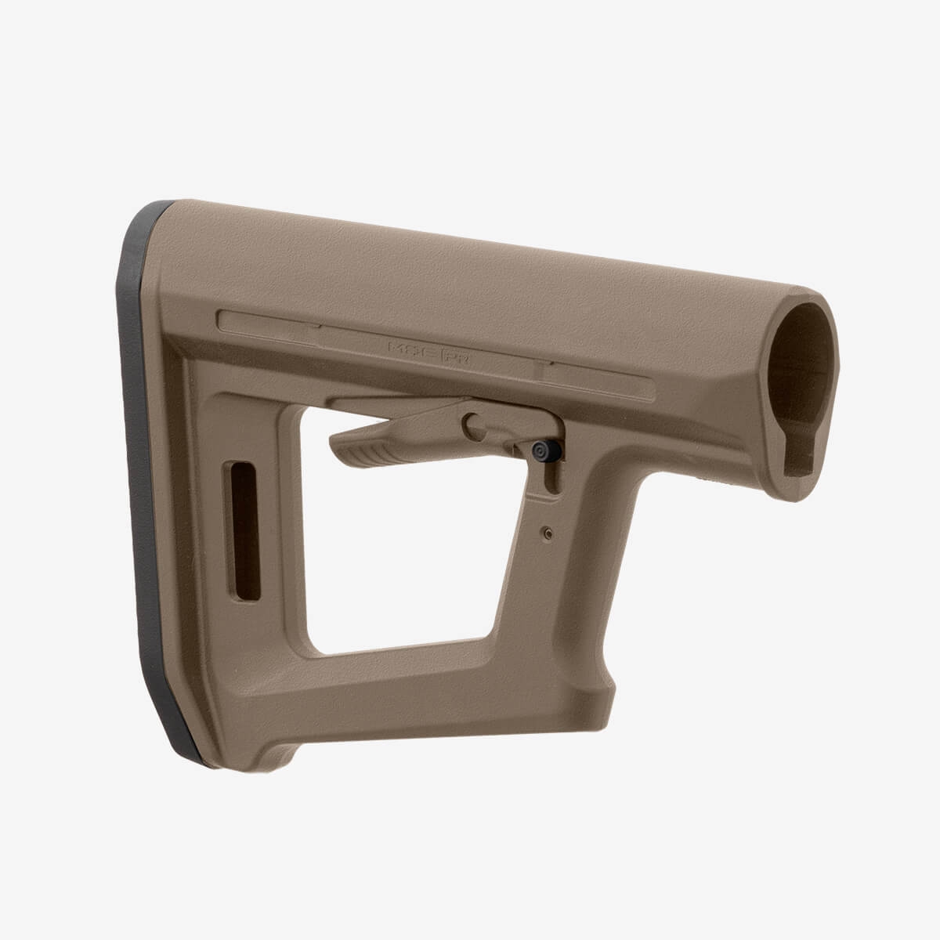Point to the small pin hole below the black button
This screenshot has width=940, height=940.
[545, 533]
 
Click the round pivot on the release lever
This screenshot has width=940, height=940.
[474, 424]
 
